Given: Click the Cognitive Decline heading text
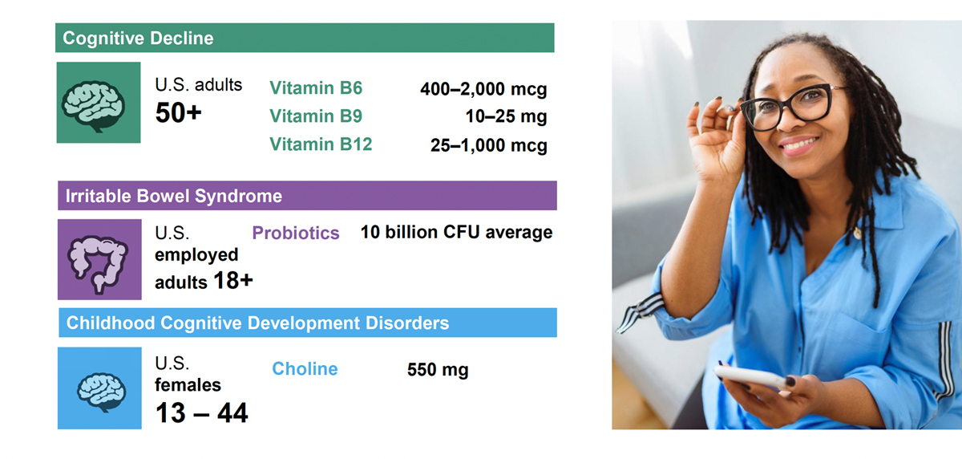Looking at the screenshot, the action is click(138, 39).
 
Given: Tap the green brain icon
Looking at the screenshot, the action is click(93, 106).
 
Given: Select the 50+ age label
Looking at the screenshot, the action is click(178, 112).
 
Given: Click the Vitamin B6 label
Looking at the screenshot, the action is click(316, 87).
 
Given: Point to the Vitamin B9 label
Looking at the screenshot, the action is click(316, 116).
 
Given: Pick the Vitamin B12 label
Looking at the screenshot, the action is click(321, 144).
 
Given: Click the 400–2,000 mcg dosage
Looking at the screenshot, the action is click(483, 89).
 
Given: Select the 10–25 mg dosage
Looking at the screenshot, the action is click(507, 116).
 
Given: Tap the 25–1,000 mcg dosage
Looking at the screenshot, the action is click(489, 144).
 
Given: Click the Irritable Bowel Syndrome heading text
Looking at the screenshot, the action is click(173, 196).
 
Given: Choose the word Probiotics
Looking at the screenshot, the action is click(296, 233).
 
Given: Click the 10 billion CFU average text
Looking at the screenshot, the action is click(456, 232).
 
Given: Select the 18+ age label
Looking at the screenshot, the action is click(233, 281).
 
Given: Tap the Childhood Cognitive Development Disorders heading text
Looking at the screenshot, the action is click(257, 323).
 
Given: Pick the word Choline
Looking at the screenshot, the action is click(305, 369).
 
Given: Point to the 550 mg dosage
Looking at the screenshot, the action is click(438, 370).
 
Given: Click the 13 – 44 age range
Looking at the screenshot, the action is click(201, 412).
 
